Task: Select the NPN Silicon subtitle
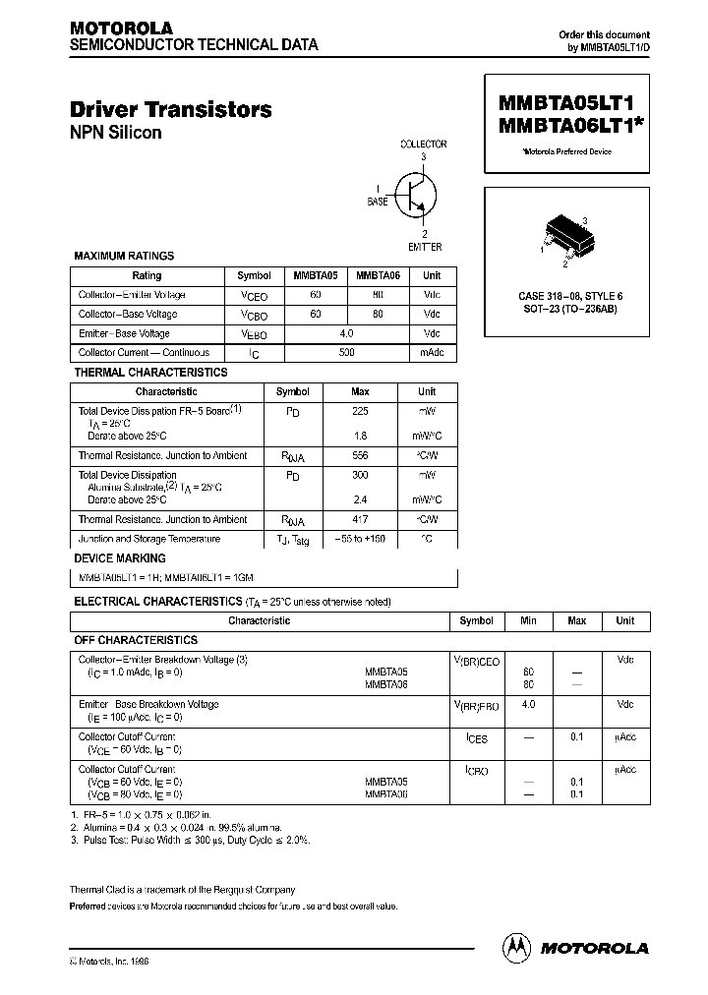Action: coord(116,133)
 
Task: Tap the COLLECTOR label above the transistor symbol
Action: coord(423,145)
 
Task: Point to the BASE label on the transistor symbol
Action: coord(378,201)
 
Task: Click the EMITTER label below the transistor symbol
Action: coord(423,247)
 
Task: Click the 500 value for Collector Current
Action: coord(346,353)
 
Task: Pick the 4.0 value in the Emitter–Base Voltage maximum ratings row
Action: coord(346,333)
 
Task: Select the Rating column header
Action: coord(147,276)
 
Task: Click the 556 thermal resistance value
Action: coord(360,456)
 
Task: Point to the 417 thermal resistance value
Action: coord(360,519)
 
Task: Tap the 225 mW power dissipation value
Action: coord(360,412)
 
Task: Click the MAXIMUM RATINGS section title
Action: coord(124,256)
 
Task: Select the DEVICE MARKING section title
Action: coord(120,558)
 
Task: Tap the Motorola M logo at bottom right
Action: coord(517,947)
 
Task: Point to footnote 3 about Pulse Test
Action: coord(189,841)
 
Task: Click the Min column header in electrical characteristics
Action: coord(529,621)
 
